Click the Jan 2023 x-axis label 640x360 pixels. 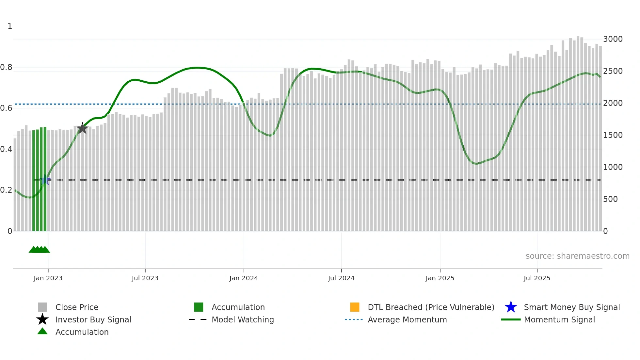click(x=48, y=278)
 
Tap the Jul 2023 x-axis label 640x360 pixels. click(x=145, y=278)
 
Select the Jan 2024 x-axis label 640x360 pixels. click(x=244, y=278)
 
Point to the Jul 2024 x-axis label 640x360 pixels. click(x=341, y=278)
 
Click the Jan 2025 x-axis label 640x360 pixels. click(x=440, y=278)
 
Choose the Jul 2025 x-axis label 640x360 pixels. click(x=537, y=278)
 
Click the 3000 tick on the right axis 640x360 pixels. click(x=613, y=39)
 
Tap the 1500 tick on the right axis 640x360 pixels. click(x=613, y=135)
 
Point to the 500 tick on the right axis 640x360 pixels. click(x=610, y=199)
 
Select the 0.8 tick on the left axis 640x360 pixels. click(x=6, y=67)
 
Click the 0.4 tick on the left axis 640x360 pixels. click(x=6, y=149)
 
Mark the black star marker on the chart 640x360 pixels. click(x=82, y=128)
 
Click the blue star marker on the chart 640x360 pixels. click(x=45, y=179)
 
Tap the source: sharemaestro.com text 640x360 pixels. click(x=577, y=256)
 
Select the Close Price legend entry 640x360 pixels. click(x=77, y=307)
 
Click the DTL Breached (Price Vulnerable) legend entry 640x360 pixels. click(x=431, y=307)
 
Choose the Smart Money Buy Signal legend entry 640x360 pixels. click(x=571, y=307)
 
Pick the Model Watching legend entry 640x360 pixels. click(x=243, y=319)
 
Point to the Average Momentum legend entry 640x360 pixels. click(x=407, y=319)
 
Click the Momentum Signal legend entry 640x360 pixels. click(x=559, y=319)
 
